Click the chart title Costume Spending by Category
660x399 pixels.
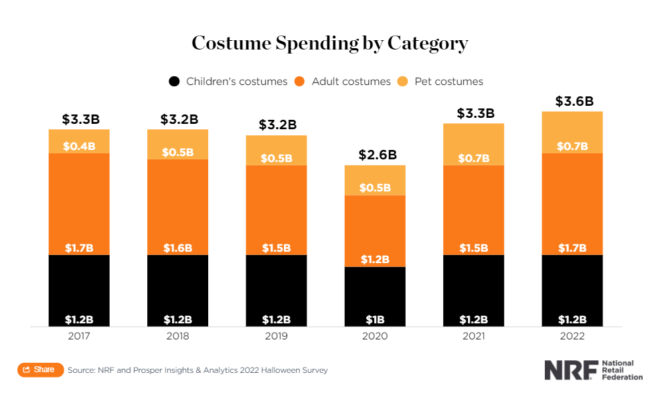pyautogui.click(x=329, y=44)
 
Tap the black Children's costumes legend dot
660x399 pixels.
pyautogui.click(x=174, y=82)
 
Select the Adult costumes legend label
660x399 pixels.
pyautogui.click(x=351, y=82)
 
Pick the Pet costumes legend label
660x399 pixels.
pyautogui.click(x=448, y=82)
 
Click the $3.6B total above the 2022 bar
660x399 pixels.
pyautogui.click(x=574, y=102)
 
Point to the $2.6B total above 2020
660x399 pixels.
pyautogui.click(x=375, y=155)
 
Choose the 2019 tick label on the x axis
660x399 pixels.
pyautogui.click(x=276, y=336)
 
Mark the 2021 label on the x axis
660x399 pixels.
pyautogui.click(x=474, y=336)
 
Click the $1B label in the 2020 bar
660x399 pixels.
pyautogui.click(x=375, y=319)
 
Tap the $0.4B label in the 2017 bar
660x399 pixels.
pyautogui.click(x=79, y=147)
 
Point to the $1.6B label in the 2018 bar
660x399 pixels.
pyautogui.click(x=177, y=248)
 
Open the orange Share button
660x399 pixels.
pyautogui.click(x=40, y=370)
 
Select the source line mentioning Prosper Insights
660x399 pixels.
pyautogui.click(x=197, y=370)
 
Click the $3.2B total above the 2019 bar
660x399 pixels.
pyautogui.click(x=276, y=125)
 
